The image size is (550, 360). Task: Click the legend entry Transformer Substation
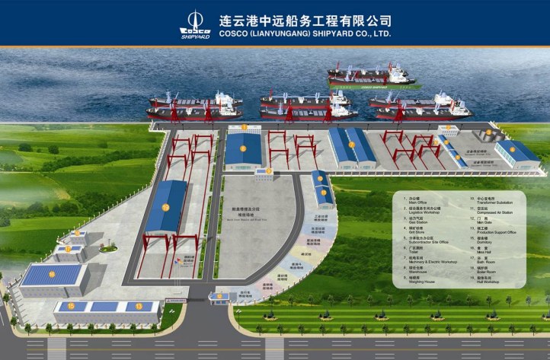coord(495,203)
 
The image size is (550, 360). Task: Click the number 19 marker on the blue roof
coord(165,207)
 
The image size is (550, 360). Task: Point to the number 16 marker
coord(52,273)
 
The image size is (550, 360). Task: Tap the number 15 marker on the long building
coord(72,306)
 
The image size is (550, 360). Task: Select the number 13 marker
coord(139,306)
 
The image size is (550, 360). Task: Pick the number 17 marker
coord(68,248)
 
